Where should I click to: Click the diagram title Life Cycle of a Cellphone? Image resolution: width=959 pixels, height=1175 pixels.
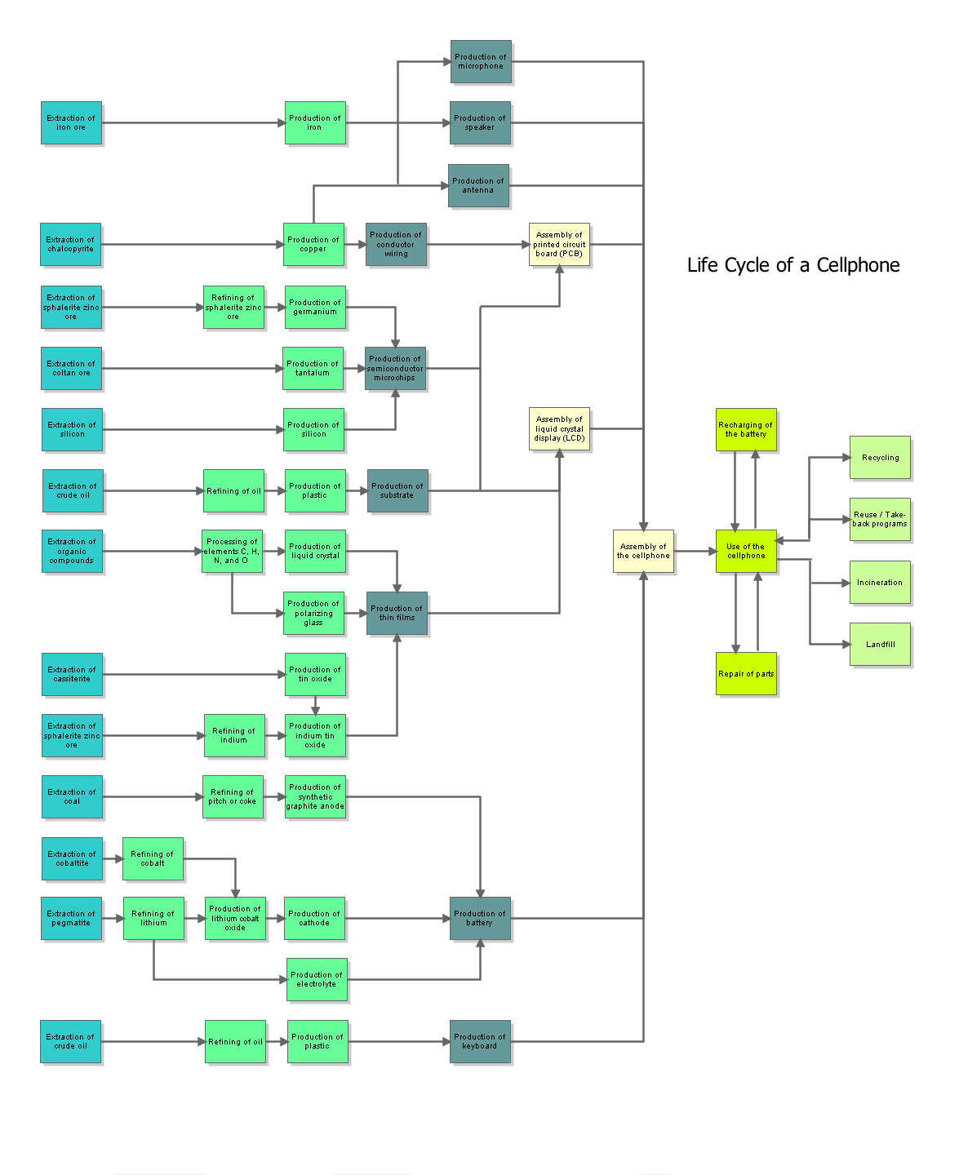pyautogui.click(x=793, y=265)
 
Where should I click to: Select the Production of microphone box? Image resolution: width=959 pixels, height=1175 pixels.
pyautogui.click(x=481, y=62)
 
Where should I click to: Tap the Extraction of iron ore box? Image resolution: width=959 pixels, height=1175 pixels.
pyautogui.click(x=71, y=123)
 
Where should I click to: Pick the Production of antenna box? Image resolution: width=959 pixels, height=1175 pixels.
pyautogui.click(x=478, y=186)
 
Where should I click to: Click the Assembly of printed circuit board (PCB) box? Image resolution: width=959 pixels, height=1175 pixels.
pyautogui.click(x=559, y=245)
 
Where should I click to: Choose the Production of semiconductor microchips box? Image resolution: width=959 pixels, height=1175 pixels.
pyautogui.click(x=395, y=369)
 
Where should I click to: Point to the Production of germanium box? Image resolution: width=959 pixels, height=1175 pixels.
pyautogui.click(x=315, y=308)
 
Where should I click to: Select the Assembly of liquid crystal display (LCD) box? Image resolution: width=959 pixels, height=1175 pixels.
pyautogui.click(x=559, y=429)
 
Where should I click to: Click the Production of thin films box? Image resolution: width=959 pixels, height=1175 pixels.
pyautogui.click(x=397, y=614)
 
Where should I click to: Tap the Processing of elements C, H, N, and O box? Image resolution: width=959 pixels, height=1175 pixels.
pyautogui.click(x=232, y=552)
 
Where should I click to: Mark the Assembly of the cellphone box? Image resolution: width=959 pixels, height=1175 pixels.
pyautogui.click(x=643, y=552)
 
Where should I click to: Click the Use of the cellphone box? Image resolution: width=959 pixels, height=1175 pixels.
pyautogui.click(x=746, y=552)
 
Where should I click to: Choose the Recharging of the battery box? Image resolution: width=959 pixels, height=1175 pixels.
pyautogui.click(x=746, y=430)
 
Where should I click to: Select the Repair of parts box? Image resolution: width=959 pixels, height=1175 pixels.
pyautogui.click(x=746, y=674)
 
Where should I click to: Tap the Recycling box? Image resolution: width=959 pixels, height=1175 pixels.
pyautogui.click(x=880, y=458)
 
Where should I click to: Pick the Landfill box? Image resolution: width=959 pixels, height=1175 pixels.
pyautogui.click(x=880, y=645)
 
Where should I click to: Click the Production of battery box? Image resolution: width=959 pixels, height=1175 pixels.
pyautogui.click(x=480, y=919)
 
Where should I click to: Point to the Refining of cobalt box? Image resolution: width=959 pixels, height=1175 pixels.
pyautogui.click(x=153, y=859)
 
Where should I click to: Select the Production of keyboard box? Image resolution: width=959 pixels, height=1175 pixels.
pyautogui.click(x=480, y=1042)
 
